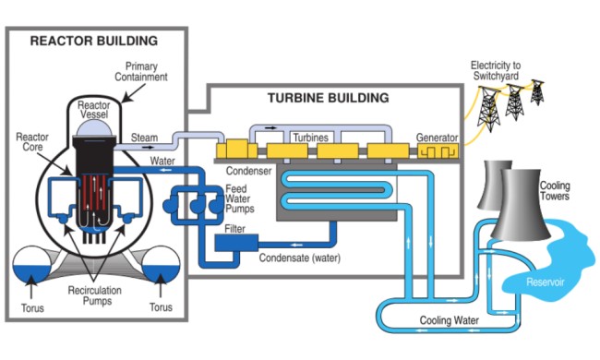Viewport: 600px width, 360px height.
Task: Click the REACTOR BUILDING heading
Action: (x=94, y=41)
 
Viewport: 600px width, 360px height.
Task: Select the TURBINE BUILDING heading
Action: (x=328, y=97)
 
